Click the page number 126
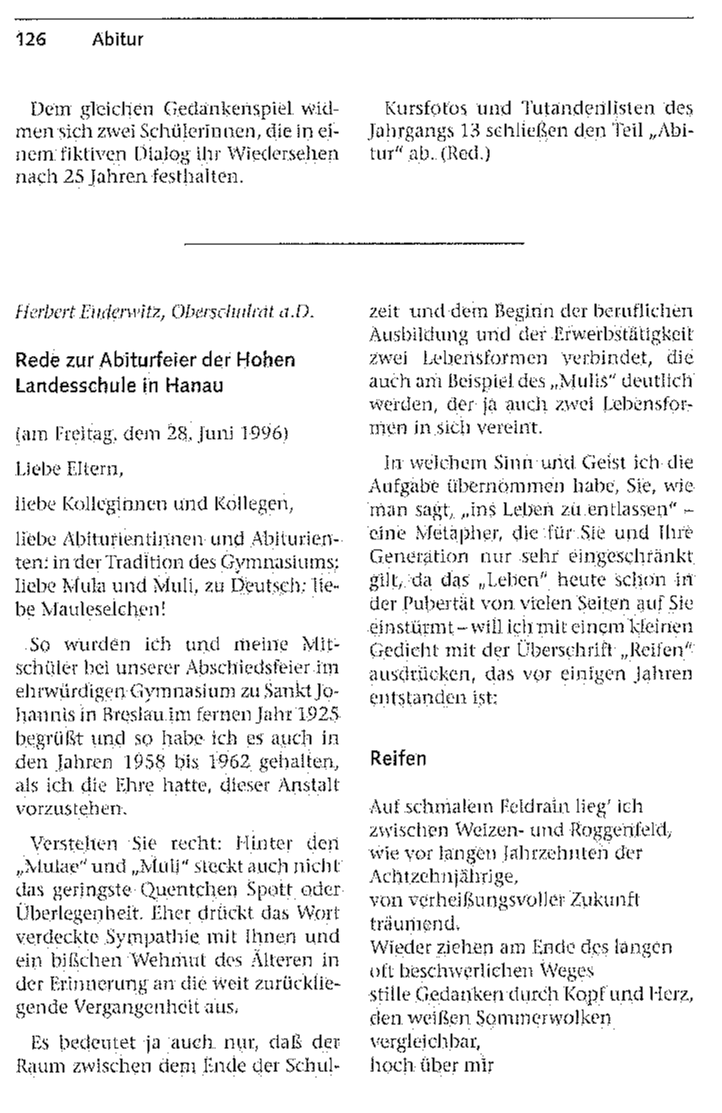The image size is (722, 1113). pyautogui.click(x=31, y=39)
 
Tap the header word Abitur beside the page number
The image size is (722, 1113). pyautogui.click(x=117, y=40)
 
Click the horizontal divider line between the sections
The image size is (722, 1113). pyautogui.click(x=354, y=244)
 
